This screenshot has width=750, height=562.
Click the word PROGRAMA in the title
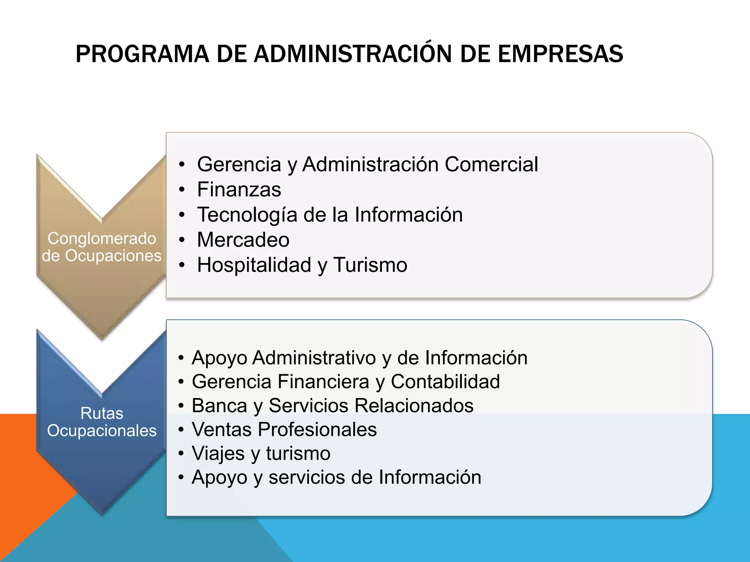(x=142, y=54)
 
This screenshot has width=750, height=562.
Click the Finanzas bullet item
(x=239, y=190)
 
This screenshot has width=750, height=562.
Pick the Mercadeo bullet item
(x=243, y=240)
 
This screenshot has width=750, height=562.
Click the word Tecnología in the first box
(x=247, y=215)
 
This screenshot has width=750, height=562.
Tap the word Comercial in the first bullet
(x=491, y=164)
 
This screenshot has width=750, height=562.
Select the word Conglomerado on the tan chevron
(x=102, y=239)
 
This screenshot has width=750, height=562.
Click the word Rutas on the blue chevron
(x=102, y=413)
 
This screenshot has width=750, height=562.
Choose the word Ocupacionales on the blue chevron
(x=102, y=431)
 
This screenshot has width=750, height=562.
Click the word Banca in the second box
(x=219, y=406)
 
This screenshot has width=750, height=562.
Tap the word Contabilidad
(x=445, y=382)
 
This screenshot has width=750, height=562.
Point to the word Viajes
(x=218, y=454)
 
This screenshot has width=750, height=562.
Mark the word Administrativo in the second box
(x=314, y=358)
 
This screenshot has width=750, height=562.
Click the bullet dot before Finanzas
(x=182, y=190)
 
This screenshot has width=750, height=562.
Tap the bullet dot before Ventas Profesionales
(x=181, y=430)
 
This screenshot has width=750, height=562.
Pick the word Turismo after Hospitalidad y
(x=370, y=265)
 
